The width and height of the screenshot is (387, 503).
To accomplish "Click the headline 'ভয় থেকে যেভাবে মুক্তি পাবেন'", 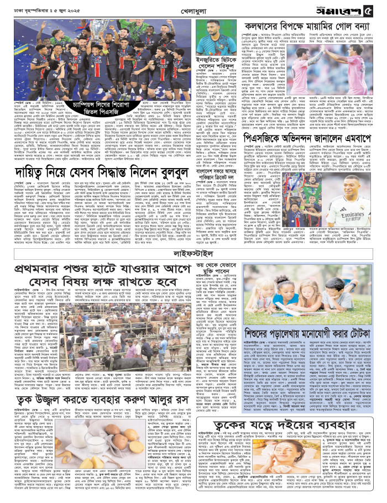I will [217, 268].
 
